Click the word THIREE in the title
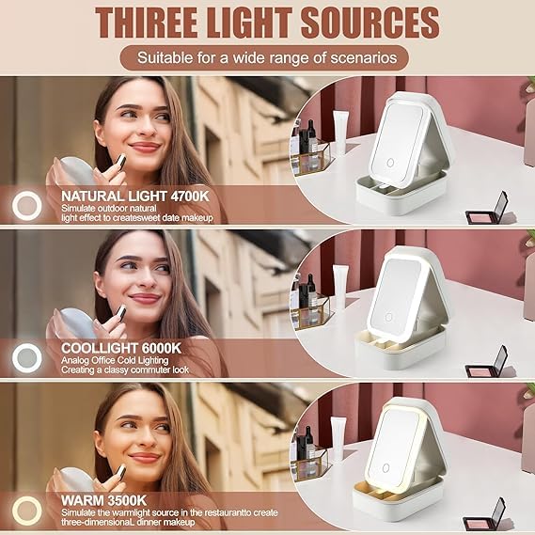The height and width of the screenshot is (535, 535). (146, 23)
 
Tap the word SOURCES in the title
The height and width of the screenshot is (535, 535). (370, 23)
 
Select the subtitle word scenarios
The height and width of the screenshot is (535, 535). (364, 57)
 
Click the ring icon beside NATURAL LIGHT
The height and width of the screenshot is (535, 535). (27, 206)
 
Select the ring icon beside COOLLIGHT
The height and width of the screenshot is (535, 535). (27, 358)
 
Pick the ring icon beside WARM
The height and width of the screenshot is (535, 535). (27, 511)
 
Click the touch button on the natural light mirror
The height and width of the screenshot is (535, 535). (390, 163)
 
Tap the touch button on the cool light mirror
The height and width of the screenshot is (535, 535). (388, 317)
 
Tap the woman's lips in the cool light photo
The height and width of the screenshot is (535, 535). (145, 298)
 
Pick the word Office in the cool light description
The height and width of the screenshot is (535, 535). (103, 360)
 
